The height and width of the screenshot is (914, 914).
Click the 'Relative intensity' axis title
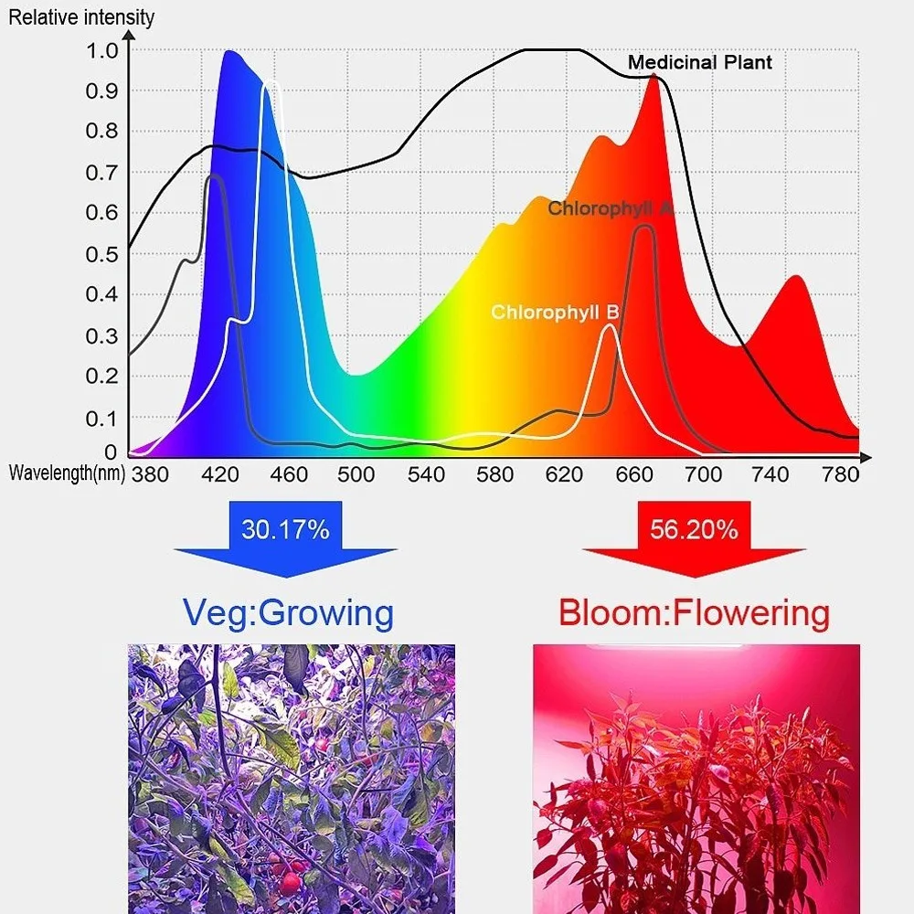[81, 16]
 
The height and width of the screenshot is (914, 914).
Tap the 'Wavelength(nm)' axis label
[67, 473]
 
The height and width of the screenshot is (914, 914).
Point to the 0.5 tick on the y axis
[101, 253]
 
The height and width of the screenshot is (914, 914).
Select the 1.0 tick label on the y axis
[101, 50]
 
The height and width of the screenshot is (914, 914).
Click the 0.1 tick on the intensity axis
[101, 417]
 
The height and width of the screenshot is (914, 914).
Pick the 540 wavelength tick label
[426, 473]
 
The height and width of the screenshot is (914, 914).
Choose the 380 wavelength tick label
[150, 473]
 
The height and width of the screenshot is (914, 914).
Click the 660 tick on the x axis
[633, 473]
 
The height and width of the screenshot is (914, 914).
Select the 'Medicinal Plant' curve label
[699, 62]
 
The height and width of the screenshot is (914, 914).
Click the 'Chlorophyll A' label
[611, 208]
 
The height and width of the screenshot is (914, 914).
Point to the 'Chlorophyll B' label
[555, 312]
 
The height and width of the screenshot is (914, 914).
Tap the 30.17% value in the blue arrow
[285, 528]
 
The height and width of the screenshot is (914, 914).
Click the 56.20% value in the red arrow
[694, 528]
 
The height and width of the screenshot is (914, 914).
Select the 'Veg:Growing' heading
[289, 611]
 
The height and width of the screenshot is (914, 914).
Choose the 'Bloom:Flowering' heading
[695, 611]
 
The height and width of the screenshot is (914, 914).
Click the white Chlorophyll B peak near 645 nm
[610, 325]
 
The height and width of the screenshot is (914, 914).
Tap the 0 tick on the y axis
[111, 452]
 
